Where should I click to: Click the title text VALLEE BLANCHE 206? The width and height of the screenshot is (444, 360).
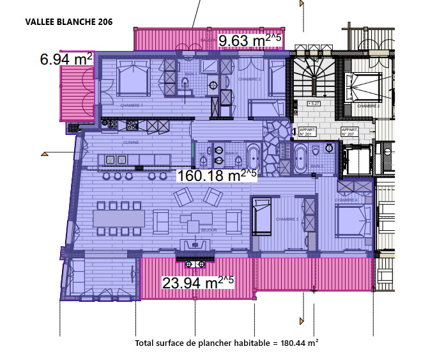pos(69,22)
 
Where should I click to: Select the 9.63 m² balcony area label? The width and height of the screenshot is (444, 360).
pos(249,41)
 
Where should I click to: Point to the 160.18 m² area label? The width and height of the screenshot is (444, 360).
pos(216,175)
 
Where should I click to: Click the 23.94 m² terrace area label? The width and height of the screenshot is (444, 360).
pos(197,282)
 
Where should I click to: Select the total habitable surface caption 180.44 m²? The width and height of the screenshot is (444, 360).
pos(227,343)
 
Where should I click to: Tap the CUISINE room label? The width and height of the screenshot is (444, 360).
pos(131,143)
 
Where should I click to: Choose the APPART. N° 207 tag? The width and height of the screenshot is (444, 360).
pos(349,132)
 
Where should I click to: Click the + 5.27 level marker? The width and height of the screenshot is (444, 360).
pos(314,103)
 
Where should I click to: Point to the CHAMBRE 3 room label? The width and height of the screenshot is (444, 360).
pos(287,219)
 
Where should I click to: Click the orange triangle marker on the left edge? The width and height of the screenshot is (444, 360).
pos(45,154)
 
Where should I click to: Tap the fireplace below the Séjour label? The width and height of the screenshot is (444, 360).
pos(195,244)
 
